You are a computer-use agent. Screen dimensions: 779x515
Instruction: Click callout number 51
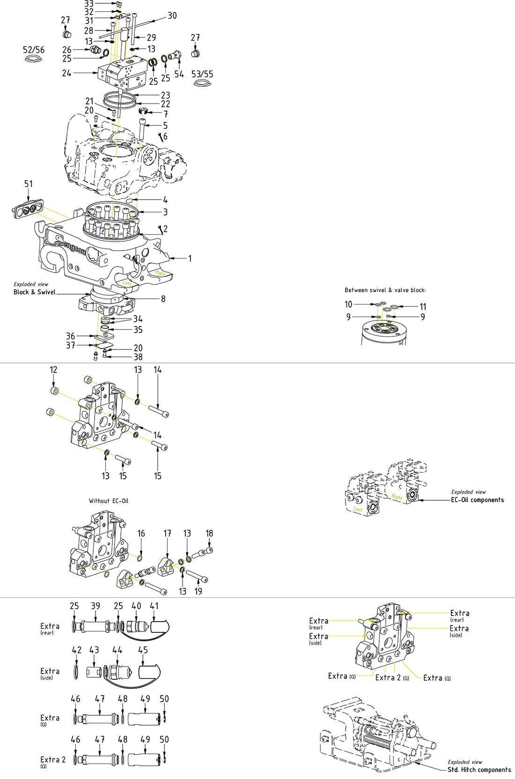29,184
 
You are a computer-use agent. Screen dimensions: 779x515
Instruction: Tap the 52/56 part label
34,50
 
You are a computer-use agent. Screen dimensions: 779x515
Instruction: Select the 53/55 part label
202,74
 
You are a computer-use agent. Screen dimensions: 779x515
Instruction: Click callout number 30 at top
172,16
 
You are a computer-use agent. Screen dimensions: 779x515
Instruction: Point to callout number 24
66,73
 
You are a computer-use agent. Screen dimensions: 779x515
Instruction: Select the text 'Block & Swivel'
34,292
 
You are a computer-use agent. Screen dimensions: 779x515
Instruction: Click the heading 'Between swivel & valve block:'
385,290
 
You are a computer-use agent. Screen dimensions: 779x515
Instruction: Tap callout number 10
348,304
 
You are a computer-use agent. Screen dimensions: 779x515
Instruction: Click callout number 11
423,307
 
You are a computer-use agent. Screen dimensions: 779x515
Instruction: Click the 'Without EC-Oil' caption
109,501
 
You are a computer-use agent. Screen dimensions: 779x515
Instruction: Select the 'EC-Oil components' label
477,500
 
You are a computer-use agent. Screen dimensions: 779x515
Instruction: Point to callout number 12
53,370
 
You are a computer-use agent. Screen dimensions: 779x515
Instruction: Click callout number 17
167,534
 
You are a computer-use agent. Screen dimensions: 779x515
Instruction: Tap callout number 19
198,591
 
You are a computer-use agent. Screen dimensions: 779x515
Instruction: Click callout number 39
96,606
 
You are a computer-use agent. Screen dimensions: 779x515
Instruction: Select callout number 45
143,650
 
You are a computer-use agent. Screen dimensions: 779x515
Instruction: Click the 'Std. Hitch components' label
479,770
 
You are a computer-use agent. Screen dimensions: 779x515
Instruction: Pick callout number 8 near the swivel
163,299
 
